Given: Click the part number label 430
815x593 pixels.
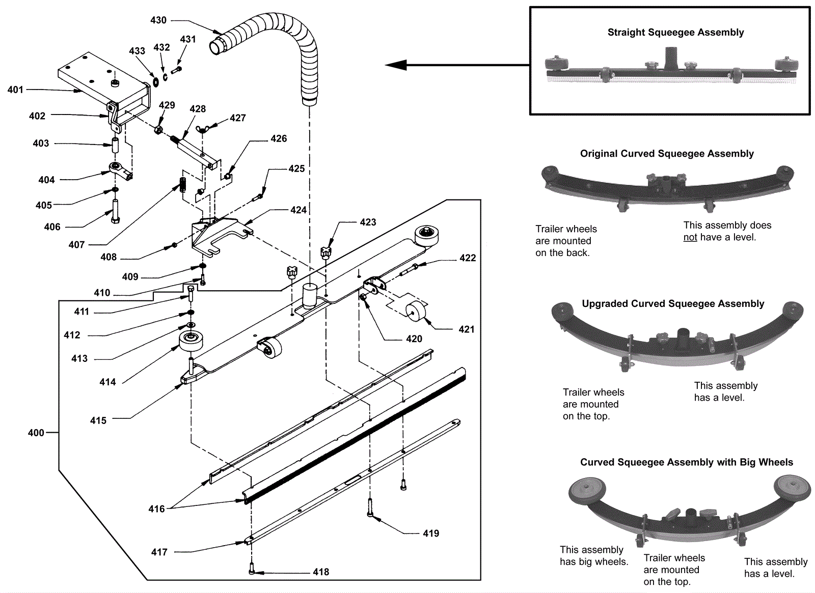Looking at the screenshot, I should tap(158, 20).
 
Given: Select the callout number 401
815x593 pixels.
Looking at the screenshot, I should tap(15, 90).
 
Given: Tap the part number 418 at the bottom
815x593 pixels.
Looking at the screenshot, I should tap(321, 572).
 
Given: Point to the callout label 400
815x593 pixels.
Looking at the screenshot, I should tap(36, 433).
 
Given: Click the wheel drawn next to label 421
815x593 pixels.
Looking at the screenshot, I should tap(416, 310).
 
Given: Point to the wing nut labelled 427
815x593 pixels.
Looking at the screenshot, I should tap(202, 130).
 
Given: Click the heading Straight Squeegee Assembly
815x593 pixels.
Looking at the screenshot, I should tap(675, 33).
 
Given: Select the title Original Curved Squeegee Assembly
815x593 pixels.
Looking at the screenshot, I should tap(667, 154).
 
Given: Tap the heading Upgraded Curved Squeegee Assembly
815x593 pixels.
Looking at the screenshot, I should tap(673, 304).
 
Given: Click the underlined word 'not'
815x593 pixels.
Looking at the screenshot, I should tap(690, 237).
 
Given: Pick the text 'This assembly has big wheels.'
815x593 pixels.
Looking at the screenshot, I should tap(594, 556).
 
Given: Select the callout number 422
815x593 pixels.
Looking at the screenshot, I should tap(468, 258).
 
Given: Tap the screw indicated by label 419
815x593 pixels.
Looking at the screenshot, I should tap(370, 508).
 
